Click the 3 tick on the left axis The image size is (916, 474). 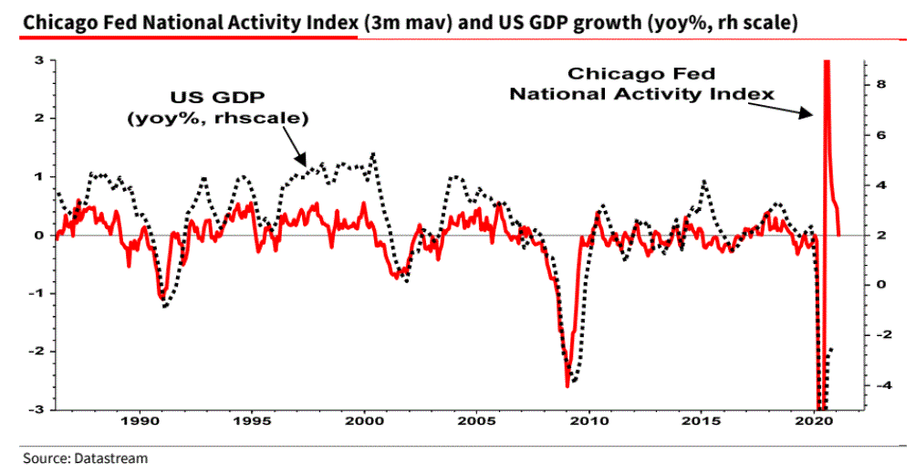point(39,60)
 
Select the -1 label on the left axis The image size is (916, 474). point(36,293)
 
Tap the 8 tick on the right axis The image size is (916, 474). point(880,83)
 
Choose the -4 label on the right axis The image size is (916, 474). point(879,385)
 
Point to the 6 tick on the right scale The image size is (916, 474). point(880,134)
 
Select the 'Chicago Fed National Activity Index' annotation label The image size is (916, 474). point(642,83)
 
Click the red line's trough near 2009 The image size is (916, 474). point(567,385)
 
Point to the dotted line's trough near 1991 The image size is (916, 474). point(165,306)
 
